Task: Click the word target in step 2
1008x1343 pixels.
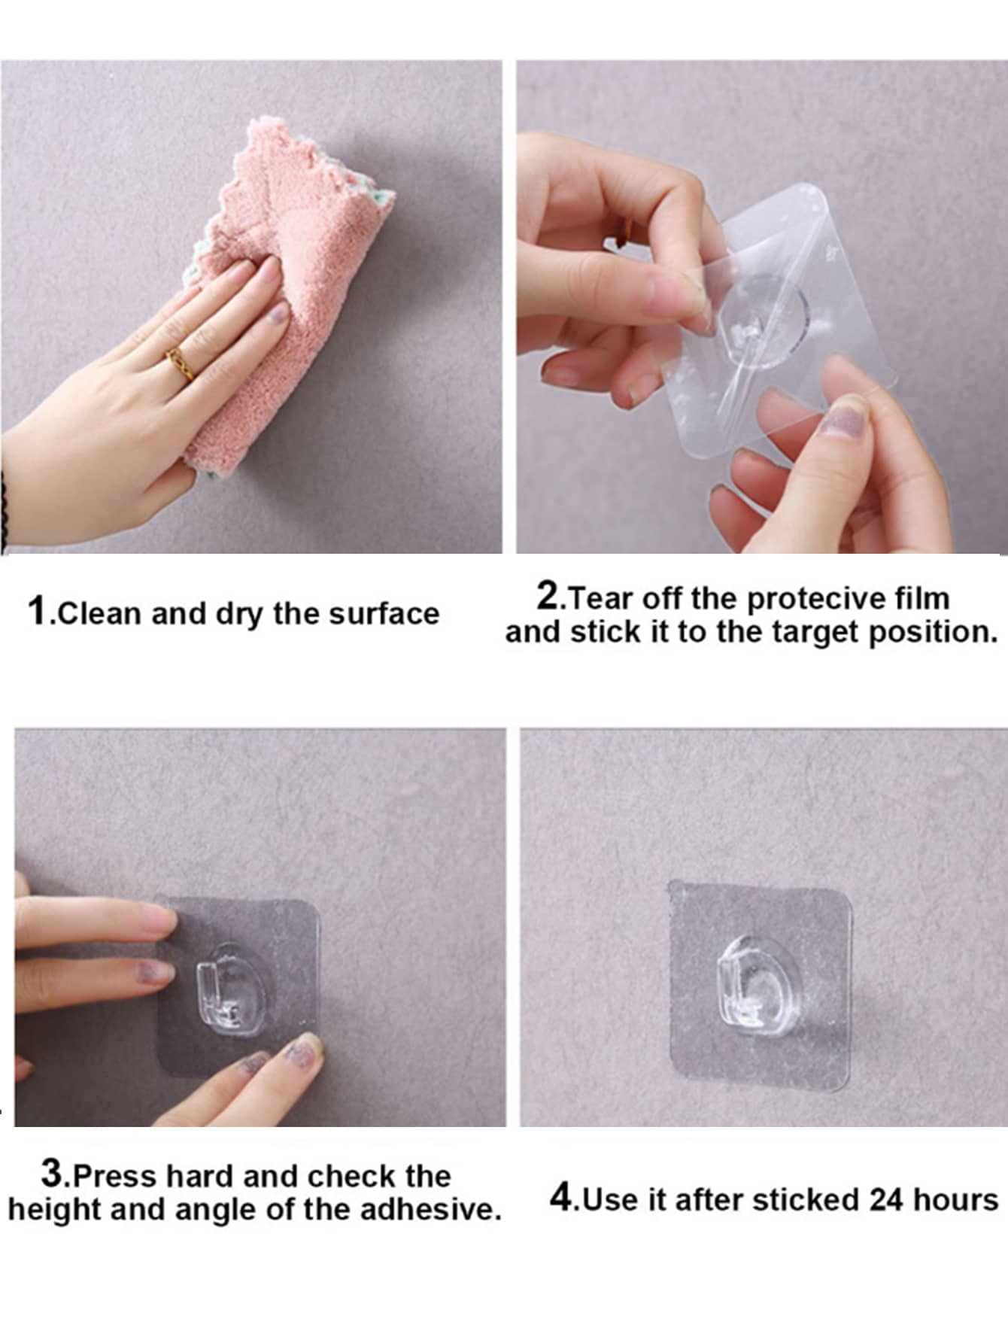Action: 817,633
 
